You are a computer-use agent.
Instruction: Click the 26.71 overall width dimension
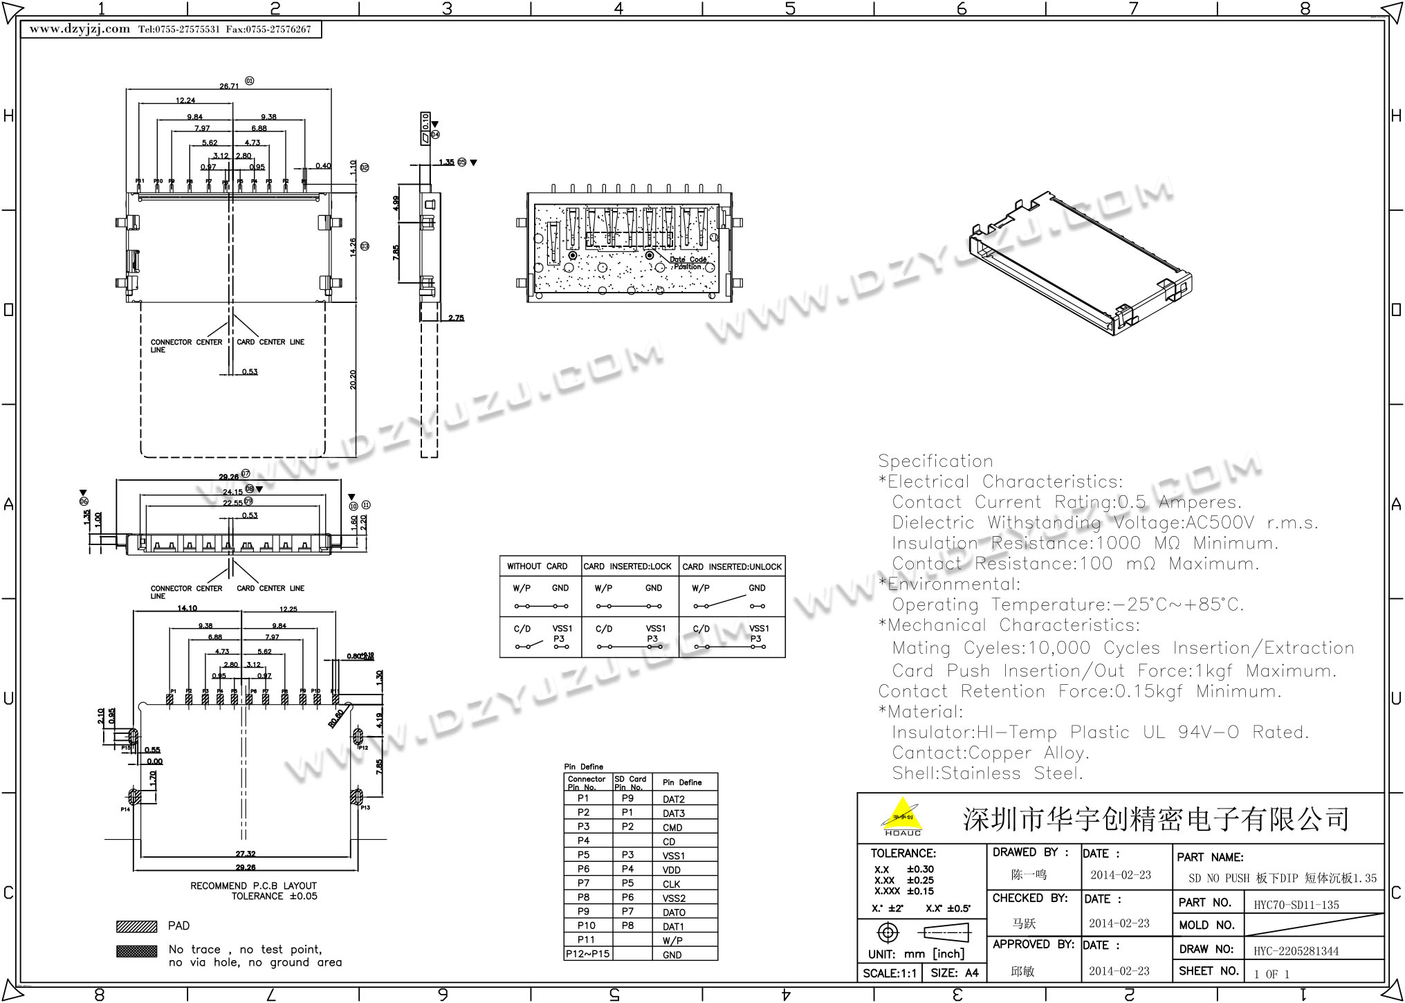click(x=229, y=86)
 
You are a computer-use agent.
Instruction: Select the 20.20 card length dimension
click(x=353, y=380)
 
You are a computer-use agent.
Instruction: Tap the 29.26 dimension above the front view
click(x=228, y=477)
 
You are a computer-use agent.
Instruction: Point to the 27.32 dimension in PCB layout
click(x=246, y=854)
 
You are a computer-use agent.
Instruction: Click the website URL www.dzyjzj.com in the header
click(x=80, y=29)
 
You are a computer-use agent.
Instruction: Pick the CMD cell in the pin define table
click(x=672, y=827)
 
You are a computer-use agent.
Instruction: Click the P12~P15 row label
click(x=587, y=954)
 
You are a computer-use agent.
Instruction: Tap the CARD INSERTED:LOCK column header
click(x=627, y=567)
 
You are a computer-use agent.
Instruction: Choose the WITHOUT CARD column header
click(x=537, y=567)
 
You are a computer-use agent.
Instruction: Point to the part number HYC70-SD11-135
click(x=1296, y=905)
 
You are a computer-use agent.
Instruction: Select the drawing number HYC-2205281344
click(x=1296, y=951)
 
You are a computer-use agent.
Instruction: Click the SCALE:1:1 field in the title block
click(x=890, y=973)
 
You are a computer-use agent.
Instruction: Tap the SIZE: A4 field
click(x=955, y=973)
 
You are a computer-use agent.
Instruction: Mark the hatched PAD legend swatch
click(x=137, y=926)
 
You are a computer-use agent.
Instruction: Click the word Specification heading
click(x=935, y=461)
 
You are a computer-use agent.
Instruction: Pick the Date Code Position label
click(x=688, y=263)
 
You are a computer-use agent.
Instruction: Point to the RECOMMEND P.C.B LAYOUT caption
click(x=253, y=886)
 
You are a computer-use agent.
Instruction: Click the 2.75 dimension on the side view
click(x=456, y=318)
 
